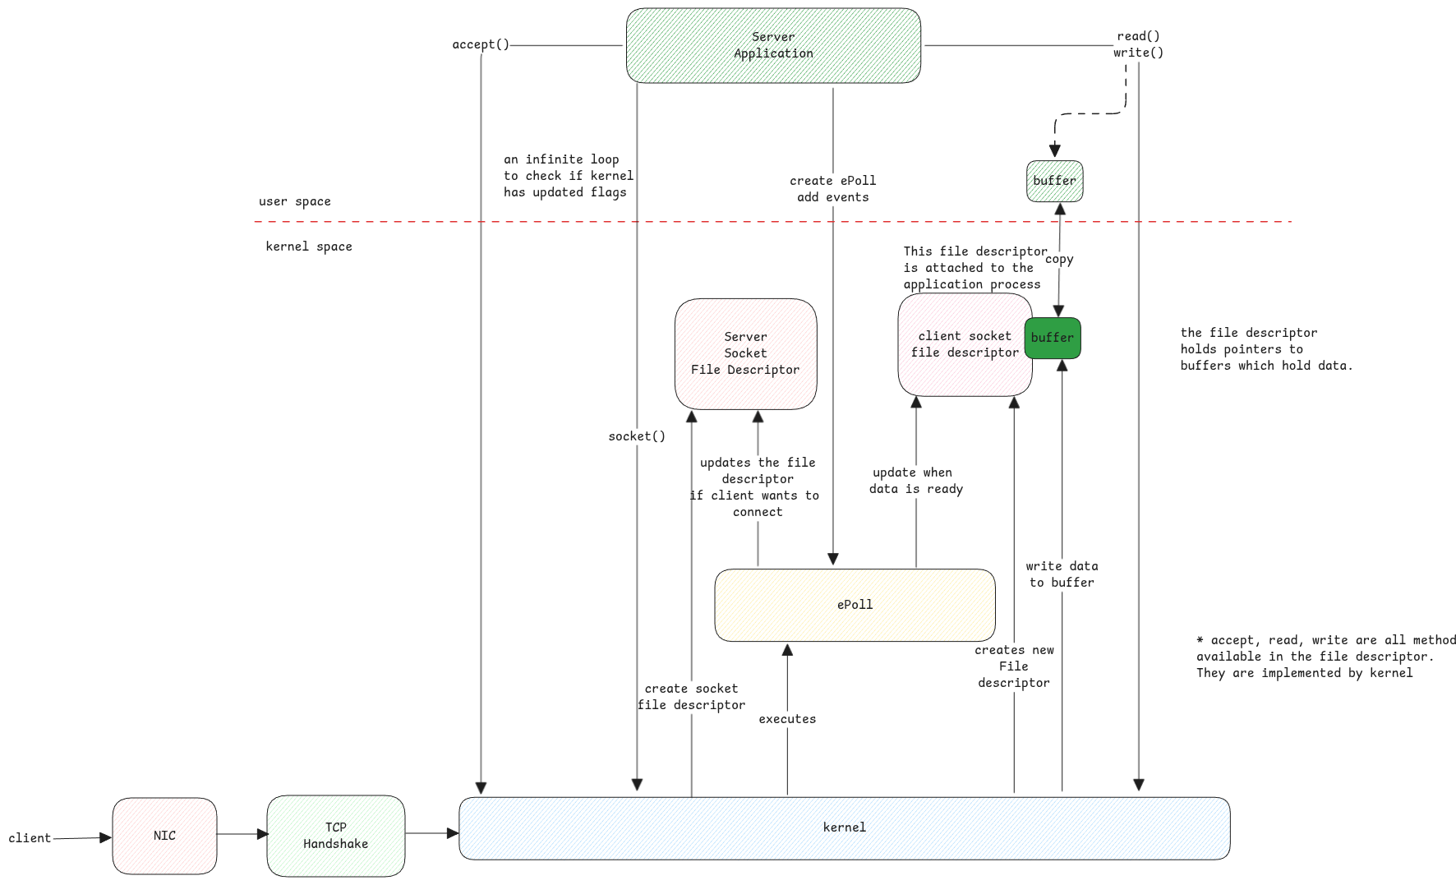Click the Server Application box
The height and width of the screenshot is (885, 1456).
coord(773,45)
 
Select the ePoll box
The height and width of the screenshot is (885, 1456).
coord(855,605)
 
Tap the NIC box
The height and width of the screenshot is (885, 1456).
coord(164,836)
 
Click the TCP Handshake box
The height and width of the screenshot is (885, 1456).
coord(335,836)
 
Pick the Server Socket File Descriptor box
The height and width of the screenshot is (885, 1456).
coord(745,353)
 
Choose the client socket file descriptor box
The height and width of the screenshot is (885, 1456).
coord(965,344)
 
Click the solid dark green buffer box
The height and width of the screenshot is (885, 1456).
coord(1053,338)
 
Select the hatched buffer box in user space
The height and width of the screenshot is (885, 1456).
coord(1054,181)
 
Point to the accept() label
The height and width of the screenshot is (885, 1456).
coord(481,44)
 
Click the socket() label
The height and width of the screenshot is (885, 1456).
coord(637,436)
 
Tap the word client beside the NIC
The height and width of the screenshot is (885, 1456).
coord(30,838)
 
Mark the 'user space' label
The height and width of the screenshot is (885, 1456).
coord(295,201)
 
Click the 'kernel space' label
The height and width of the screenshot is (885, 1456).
coord(309,247)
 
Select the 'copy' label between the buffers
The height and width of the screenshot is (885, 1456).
coord(1059,260)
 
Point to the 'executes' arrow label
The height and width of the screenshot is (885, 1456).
coord(787,719)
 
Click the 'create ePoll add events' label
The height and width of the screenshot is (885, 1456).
coord(833,189)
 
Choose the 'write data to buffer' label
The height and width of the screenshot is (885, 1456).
coord(1062,574)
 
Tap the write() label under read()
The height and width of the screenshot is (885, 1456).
coord(1138,53)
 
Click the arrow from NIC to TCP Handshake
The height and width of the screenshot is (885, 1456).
coord(242,834)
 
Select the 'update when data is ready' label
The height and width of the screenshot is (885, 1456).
coord(916,481)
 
